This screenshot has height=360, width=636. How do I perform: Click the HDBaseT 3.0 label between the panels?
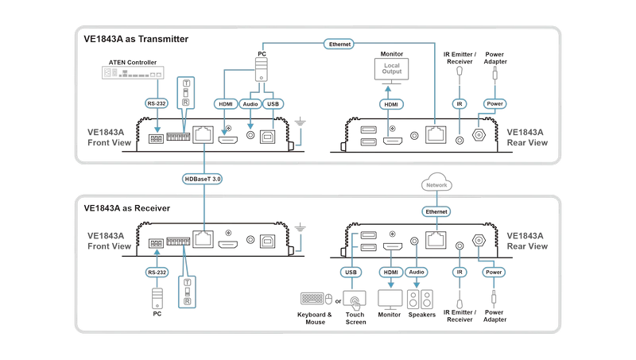[202, 179]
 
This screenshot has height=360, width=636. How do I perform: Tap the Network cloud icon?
[436, 183]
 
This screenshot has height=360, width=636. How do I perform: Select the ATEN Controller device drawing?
[133, 73]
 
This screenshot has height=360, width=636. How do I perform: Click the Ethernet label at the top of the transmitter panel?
[339, 45]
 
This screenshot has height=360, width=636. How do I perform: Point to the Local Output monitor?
[391, 71]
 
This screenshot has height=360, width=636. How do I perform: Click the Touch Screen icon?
[355, 300]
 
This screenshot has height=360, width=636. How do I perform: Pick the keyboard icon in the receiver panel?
[312, 299]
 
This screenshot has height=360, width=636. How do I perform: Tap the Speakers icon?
[421, 300]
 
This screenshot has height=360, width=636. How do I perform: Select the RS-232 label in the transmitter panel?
[157, 103]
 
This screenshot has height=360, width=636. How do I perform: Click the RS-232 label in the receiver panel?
[157, 272]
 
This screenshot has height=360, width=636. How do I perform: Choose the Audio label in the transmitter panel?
[250, 104]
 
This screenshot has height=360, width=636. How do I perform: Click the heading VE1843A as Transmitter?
[136, 39]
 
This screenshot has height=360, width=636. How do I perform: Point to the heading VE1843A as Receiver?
[127, 208]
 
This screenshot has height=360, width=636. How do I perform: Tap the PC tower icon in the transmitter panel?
[262, 69]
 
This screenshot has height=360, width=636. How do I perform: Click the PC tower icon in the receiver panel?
[157, 299]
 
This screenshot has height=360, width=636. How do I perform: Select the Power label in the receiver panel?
[494, 272]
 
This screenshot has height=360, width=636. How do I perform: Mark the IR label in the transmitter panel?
[460, 104]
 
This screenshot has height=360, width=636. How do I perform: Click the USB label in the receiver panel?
[351, 272]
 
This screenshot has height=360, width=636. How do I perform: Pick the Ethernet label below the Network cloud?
[436, 211]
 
